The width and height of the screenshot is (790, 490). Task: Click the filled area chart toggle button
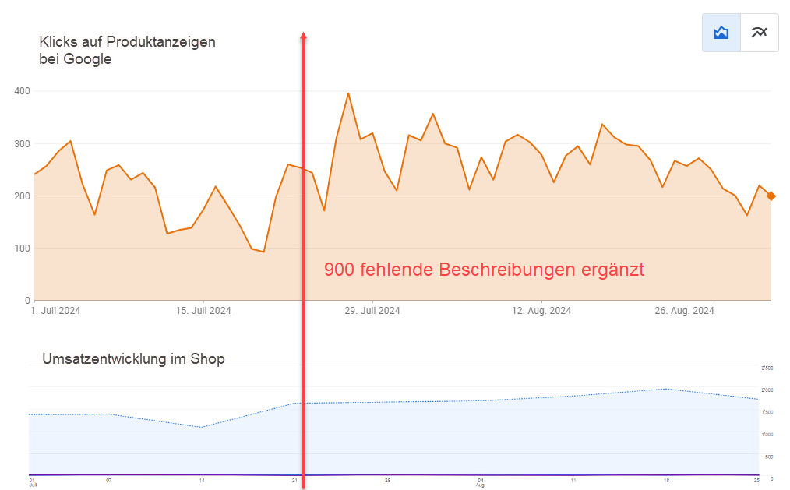coord(721,33)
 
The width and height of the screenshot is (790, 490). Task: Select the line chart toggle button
coord(759,33)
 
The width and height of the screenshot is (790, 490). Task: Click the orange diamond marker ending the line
coord(771,196)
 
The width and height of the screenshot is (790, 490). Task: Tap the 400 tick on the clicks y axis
coord(22,91)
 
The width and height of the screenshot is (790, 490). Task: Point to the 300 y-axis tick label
coord(22,144)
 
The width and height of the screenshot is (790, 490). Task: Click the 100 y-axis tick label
coord(22,249)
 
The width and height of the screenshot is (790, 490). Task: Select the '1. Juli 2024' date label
coord(55,311)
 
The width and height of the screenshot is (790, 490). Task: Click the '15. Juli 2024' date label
coord(203,311)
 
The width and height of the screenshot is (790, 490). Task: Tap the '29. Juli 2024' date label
coord(372,311)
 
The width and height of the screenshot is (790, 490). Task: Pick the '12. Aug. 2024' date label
coord(541,311)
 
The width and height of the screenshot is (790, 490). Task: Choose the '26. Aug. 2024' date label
coord(684,311)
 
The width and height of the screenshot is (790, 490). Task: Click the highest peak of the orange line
coord(348,93)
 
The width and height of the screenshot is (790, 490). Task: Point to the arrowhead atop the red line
coord(303,35)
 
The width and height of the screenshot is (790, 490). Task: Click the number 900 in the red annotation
coord(339,270)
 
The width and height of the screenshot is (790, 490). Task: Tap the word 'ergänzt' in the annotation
coord(612,270)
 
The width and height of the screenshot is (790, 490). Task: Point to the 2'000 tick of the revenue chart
coord(767,390)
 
